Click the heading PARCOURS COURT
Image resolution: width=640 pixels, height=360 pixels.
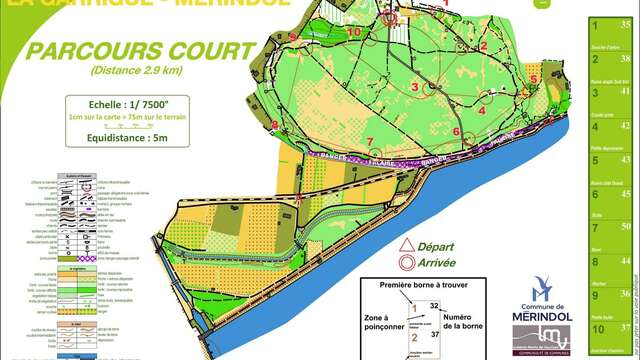[140, 51]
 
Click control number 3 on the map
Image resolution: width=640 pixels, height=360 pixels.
[414, 87]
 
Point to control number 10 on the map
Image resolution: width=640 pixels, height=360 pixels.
[354, 31]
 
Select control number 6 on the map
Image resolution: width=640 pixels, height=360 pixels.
[456, 131]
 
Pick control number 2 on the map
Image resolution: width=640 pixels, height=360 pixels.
[483, 45]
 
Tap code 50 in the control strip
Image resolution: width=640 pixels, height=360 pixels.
[625, 227]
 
